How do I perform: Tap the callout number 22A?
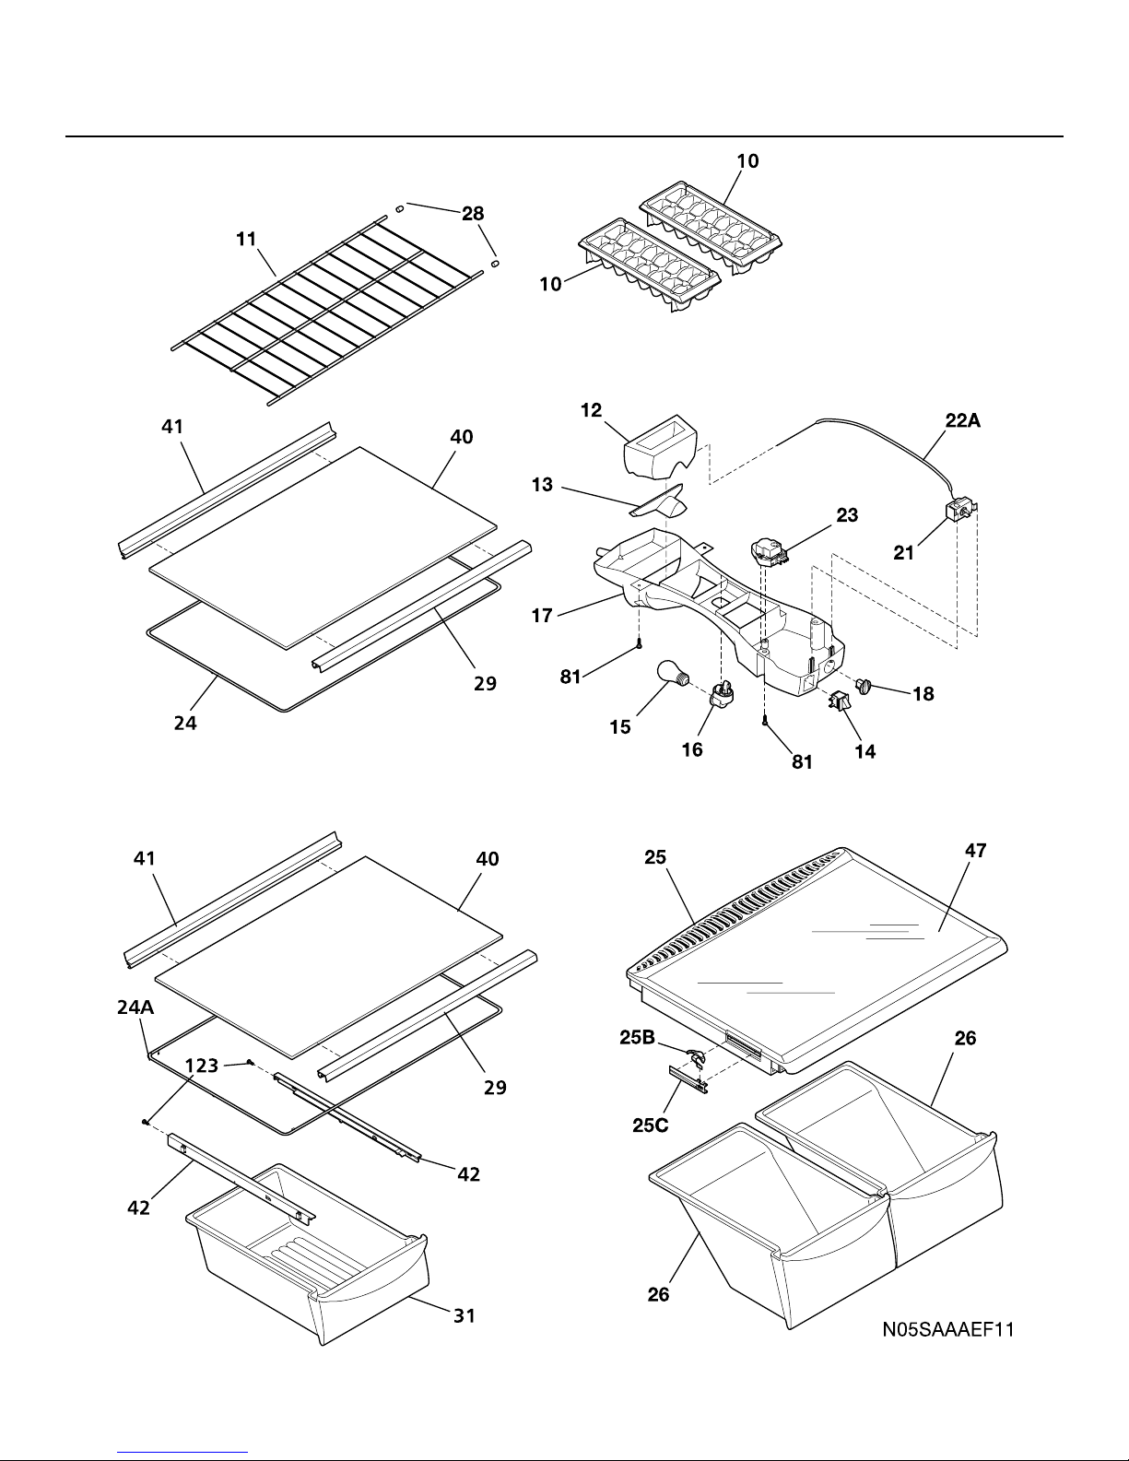click(962, 421)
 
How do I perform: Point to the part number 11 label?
click(246, 239)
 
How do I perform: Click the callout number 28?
click(473, 214)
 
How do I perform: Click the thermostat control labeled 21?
click(959, 512)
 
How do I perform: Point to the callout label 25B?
click(637, 1038)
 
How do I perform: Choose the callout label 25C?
click(651, 1125)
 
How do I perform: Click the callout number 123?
click(202, 1065)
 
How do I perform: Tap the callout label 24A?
click(135, 1007)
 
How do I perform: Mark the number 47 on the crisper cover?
click(976, 851)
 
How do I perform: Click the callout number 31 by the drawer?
click(465, 1315)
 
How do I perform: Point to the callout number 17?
click(542, 616)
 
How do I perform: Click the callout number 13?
click(542, 485)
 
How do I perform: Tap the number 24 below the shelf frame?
click(185, 723)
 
